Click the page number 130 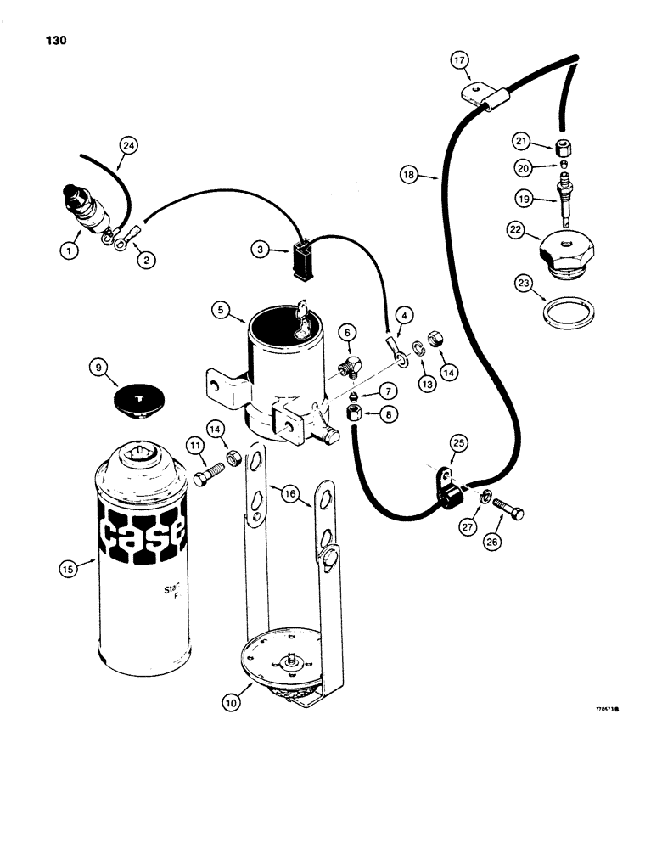click(x=53, y=41)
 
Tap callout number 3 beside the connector click(x=261, y=249)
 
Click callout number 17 click(x=459, y=60)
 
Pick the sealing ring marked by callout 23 click(x=566, y=311)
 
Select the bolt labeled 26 click(x=507, y=513)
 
